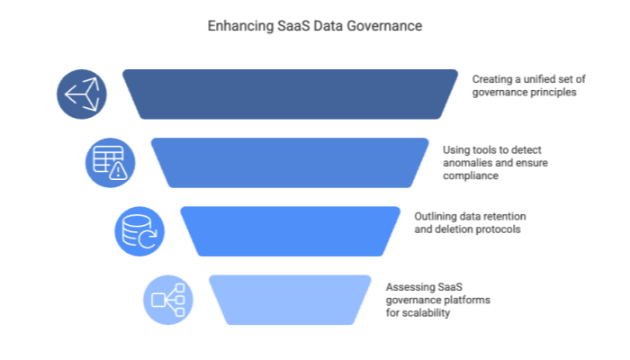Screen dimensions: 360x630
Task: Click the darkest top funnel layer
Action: click(290, 93)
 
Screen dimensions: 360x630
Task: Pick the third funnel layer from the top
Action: click(290, 230)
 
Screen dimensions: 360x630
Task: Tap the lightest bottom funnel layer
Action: click(290, 299)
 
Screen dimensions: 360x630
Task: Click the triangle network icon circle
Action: click(81, 94)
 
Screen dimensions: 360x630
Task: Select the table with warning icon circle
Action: click(110, 162)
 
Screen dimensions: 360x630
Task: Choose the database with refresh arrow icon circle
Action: click(139, 230)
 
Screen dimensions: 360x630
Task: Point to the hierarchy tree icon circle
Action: click(167, 299)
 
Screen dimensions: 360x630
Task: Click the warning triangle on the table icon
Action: click(120, 172)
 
